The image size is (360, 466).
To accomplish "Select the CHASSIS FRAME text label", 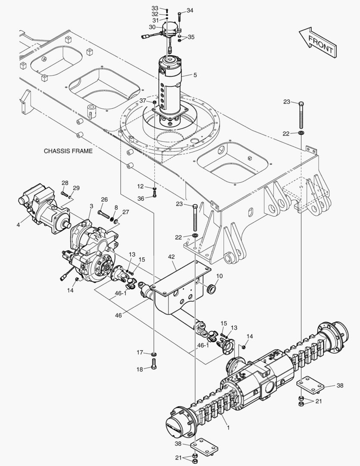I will click(x=68, y=151).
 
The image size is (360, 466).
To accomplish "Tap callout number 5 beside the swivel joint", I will click(x=195, y=75).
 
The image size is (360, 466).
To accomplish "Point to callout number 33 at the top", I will click(x=155, y=8).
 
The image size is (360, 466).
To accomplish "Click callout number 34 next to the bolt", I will click(x=190, y=10).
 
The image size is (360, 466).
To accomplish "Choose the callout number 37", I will click(x=143, y=101).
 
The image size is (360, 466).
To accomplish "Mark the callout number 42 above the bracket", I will click(x=171, y=257).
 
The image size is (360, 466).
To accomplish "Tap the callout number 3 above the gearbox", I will click(x=91, y=207).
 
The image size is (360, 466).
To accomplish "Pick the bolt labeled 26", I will click(x=104, y=214).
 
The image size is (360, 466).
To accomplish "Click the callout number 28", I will click(x=65, y=183).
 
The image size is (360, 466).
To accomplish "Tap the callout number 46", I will click(x=118, y=315).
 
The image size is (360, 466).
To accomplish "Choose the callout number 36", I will click(x=141, y=198).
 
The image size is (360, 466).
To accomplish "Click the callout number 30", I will click(x=152, y=27).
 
